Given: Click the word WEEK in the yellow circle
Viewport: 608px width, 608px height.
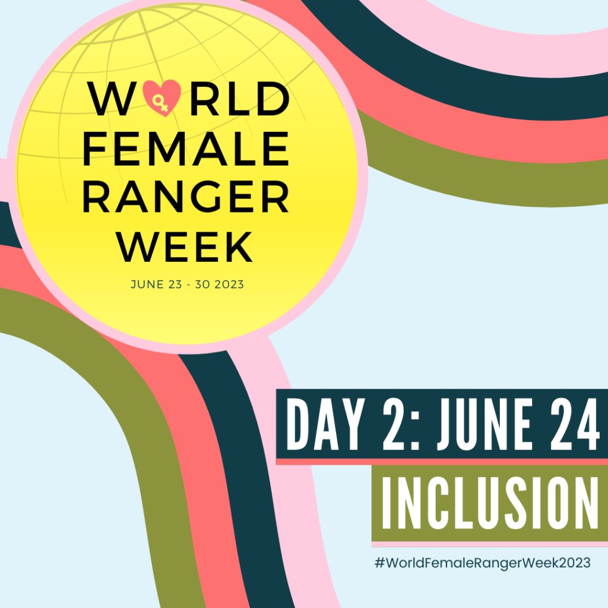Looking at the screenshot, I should tap(185, 246).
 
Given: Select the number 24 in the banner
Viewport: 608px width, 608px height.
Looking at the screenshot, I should tap(568, 425).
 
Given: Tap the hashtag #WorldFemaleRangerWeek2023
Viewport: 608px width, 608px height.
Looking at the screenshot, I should tap(482, 562).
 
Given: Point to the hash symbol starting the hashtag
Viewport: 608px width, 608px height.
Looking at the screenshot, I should tap(378, 562).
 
